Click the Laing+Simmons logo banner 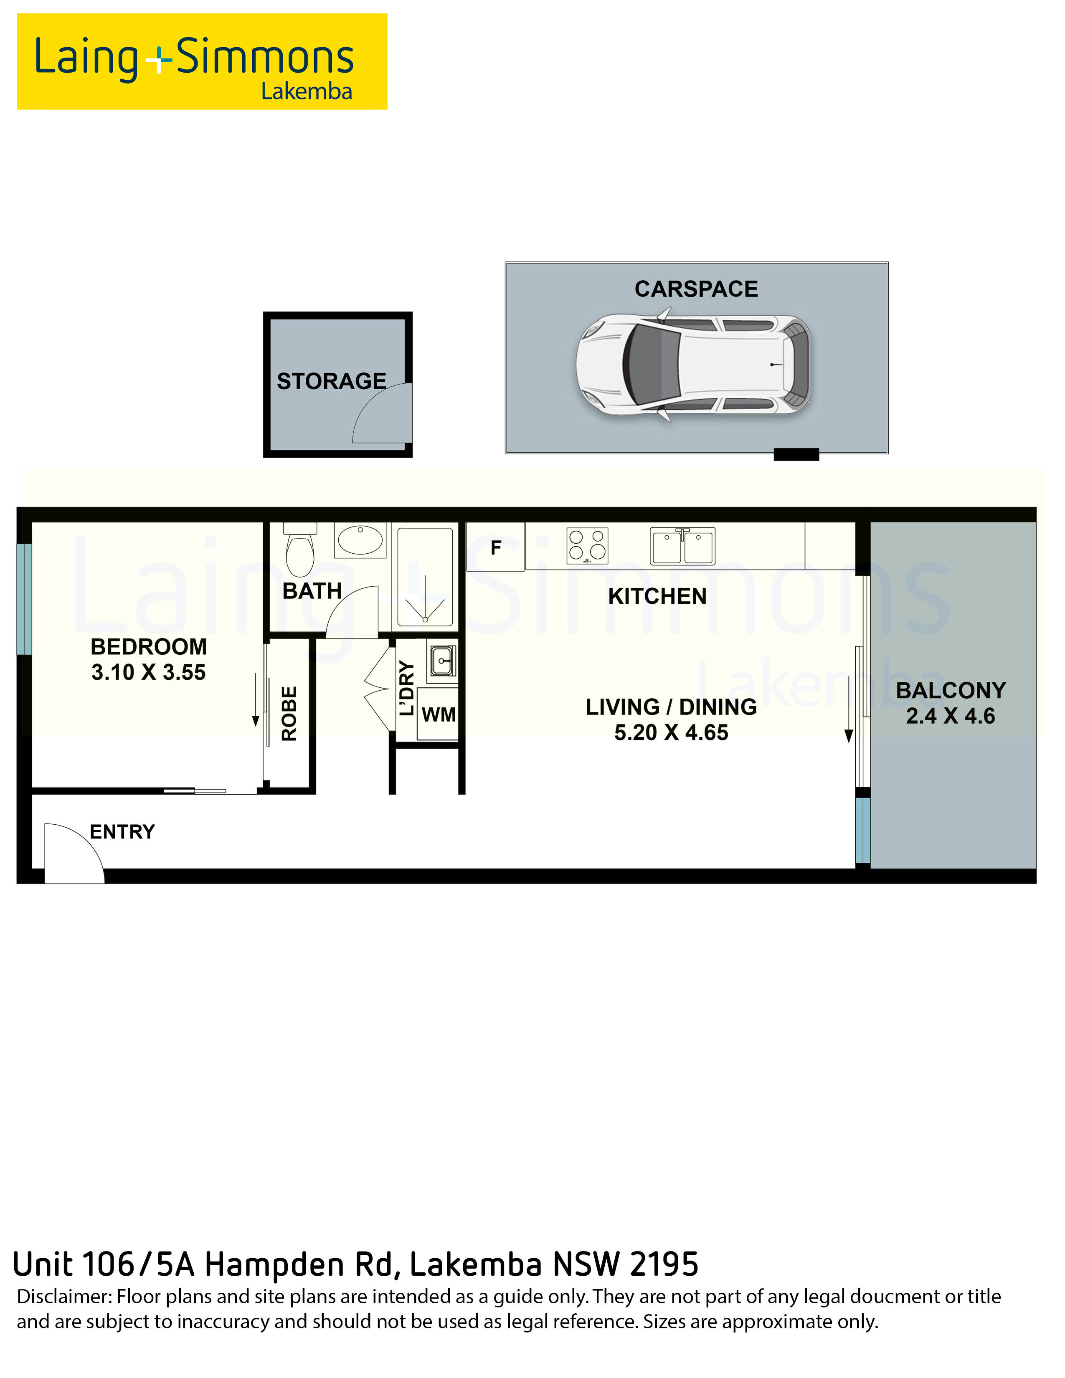[x=202, y=61]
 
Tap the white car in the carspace [x=693, y=365]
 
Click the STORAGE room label [x=331, y=381]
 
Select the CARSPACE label [x=696, y=289]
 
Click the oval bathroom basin [x=360, y=540]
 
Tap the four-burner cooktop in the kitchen [x=587, y=545]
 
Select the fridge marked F [x=495, y=547]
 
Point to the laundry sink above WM [x=441, y=661]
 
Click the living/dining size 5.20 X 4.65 [x=671, y=732]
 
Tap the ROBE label [x=289, y=714]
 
